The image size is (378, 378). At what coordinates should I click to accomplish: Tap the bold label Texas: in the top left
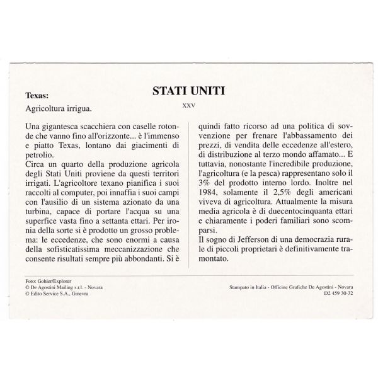pyautogui.click(x=37, y=96)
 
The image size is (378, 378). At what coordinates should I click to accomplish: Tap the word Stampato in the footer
pyautogui.click(x=239, y=287)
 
